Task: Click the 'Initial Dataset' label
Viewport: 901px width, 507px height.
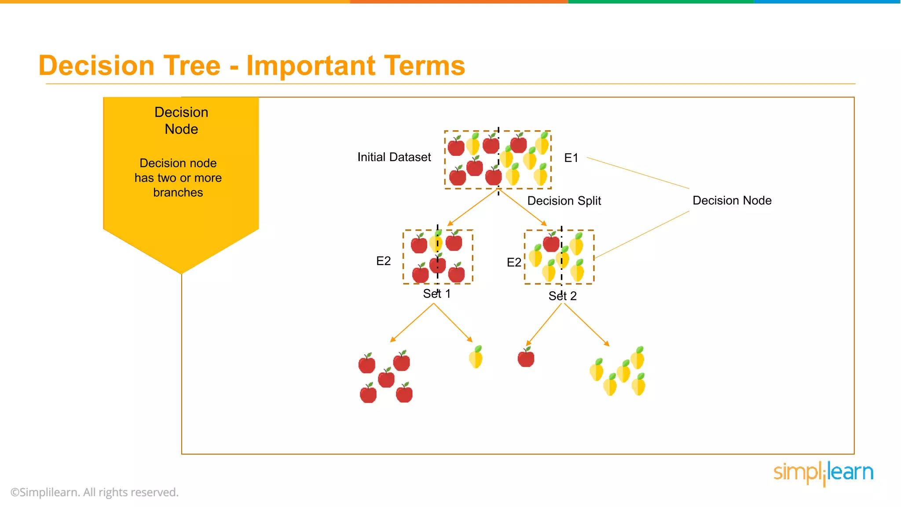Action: pos(394,157)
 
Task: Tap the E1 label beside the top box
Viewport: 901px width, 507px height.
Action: pos(571,158)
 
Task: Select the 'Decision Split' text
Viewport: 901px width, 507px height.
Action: pos(564,201)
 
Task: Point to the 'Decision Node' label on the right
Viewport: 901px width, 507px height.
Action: pos(732,200)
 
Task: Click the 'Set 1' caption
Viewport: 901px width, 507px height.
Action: pos(436,294)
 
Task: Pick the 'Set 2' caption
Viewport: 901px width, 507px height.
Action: pos(562,296)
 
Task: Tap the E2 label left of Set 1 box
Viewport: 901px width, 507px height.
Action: pos(383,261)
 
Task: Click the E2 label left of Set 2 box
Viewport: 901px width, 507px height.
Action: pos(514,262)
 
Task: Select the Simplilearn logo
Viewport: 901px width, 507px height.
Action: pos(823,473)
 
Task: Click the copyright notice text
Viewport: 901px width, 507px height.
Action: pos(95,492)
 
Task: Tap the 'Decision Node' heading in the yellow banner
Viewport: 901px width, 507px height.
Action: pos(181,121)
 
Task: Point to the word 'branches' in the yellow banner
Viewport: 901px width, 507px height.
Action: pos(178,192)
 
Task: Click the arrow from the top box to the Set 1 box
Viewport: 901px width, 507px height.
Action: pos(472,207)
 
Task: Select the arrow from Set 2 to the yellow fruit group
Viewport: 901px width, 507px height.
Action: pos(586,324)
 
